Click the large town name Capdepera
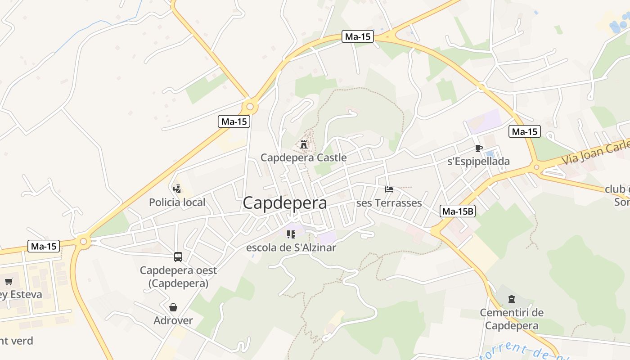coord(285,203)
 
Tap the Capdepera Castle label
coord(303,157)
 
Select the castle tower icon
coord(304,144)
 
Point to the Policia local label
coord(177,202)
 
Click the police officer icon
coord(177,189)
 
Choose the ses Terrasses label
coord(389,203)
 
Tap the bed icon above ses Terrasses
coord(389,189)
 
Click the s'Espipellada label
coord(478,162)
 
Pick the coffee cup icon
coord(478,148)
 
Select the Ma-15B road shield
coord(458,211)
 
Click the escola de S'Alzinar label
coord(291,247)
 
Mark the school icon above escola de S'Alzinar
coord(291,234)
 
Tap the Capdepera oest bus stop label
coord(178,277)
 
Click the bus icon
coord(178,257)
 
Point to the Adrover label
coord(173,320)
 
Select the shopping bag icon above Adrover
coord(173,307)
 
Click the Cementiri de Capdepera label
coord(512,319)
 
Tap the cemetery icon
coord(511,299)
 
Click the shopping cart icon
coord(9,282)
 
